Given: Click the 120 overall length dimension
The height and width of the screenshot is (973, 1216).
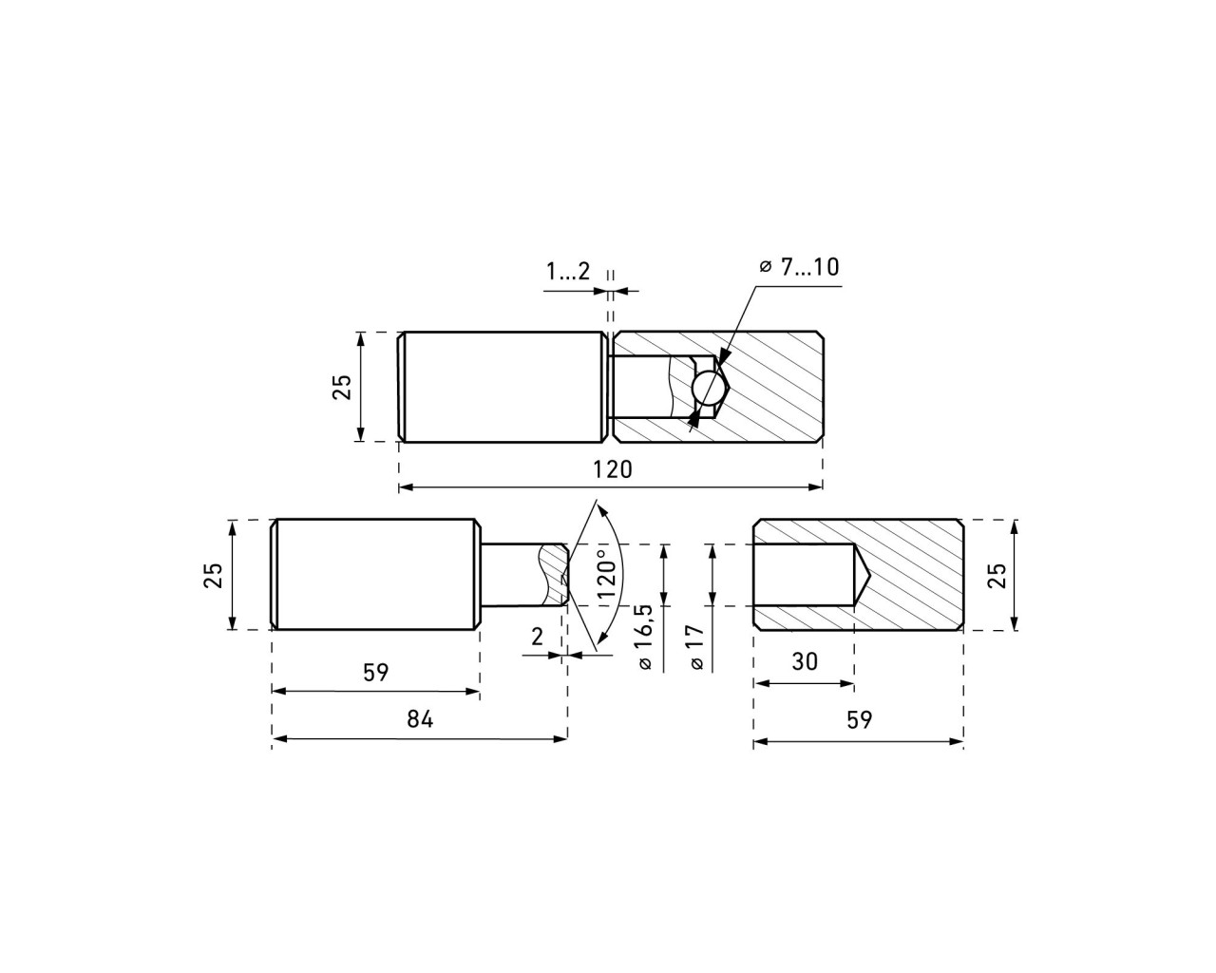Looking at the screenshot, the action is tap(613, 469).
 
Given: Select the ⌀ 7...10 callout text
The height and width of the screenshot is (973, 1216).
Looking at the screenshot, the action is tap(799, 267).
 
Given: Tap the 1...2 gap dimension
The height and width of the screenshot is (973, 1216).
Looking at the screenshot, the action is tap(568, 272).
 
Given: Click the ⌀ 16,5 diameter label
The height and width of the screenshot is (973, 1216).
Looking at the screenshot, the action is tap(645, 637).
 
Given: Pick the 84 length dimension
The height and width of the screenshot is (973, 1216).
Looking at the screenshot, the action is tap(420, 719).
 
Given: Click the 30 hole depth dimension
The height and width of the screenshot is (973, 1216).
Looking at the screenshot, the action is tap(805, 661).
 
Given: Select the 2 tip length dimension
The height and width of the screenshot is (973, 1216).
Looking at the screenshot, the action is tap(537, 638).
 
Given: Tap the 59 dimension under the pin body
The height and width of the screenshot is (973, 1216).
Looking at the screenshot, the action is tap(376, 672).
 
